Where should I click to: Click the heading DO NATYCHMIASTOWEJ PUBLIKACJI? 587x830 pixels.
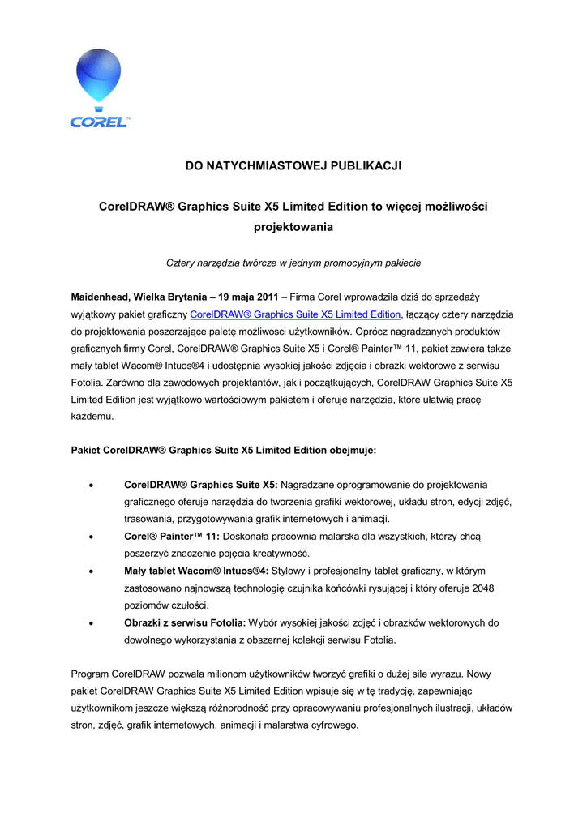[x=293, y=166]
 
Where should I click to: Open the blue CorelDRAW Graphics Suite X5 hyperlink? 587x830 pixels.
[x=295, y=314]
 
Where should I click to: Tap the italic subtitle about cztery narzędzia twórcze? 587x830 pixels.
[x=293, y=263]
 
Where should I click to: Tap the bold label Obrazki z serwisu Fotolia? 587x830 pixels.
[x=185, y=622]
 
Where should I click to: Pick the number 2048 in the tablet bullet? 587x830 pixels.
[x=482, y=588]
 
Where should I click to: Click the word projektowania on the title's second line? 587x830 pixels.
[x=293, y=227]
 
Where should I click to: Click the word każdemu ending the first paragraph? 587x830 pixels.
[x=92, y=417]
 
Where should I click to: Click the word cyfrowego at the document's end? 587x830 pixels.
[x=333, y=725]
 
